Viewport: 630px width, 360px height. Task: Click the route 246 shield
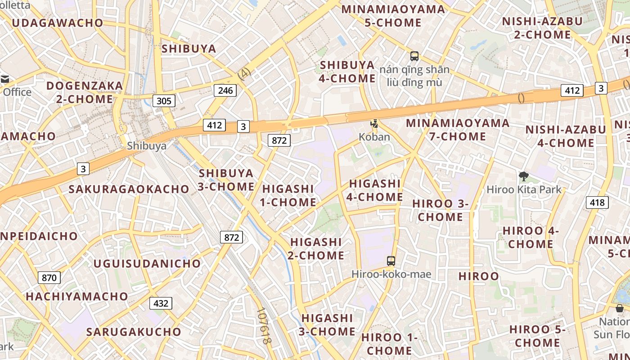225,90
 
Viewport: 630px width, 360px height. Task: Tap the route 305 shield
164,101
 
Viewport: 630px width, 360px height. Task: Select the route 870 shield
49,278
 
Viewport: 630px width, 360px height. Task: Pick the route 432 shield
161,303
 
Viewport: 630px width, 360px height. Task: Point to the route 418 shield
597,202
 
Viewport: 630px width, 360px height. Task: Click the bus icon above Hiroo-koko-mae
391,261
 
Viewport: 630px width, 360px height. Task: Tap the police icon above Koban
374,123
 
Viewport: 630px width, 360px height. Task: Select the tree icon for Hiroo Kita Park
523,176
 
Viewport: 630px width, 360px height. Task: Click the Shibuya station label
147,146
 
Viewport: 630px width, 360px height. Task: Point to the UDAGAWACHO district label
58,22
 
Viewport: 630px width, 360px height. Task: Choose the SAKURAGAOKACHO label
129,189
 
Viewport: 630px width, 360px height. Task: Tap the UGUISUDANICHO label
147,263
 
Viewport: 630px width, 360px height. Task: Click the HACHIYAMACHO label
77,297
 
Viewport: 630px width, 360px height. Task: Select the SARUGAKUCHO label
134,332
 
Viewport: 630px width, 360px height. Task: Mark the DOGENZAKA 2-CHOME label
85,92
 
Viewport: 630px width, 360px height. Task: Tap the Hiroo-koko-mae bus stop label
391,274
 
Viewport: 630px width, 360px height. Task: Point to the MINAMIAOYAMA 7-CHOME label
458,130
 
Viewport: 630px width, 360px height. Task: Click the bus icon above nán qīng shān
414,56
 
